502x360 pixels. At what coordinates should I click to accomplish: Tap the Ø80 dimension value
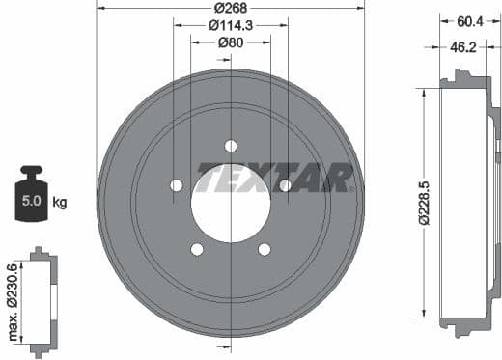[x=230, y=42]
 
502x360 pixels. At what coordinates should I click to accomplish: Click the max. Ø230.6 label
[x=12, y=298]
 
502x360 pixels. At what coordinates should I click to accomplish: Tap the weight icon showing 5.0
[x=32, y=195]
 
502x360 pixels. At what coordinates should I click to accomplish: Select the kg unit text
[x=59, y=203]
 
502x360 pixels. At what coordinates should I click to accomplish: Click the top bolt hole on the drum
[x=230, y=146]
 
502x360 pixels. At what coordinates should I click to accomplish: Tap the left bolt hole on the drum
[x=176, y=185]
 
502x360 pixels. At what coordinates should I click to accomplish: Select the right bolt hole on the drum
[x=285, y=185]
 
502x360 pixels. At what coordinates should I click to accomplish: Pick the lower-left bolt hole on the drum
[x=197, y=249]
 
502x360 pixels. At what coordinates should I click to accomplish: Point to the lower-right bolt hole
[x=264, y=249]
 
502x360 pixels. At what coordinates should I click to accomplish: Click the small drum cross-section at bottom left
[x=43, y=298]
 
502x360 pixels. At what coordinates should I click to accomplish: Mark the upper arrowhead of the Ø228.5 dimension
[x=423, y=93]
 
